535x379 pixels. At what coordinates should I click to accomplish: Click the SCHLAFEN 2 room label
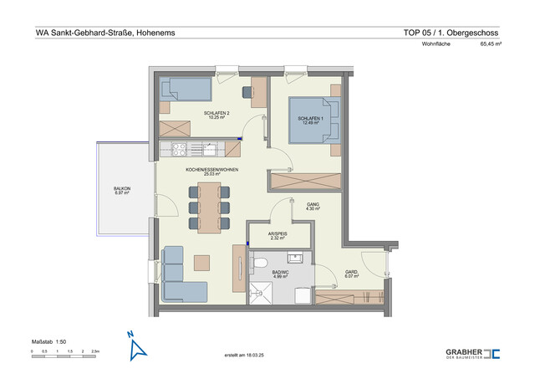point(216,113)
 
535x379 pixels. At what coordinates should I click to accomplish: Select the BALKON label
point(122,189)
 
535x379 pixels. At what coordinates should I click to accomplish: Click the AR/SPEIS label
point(279,235)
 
